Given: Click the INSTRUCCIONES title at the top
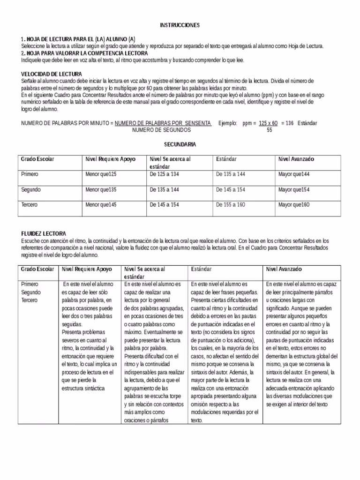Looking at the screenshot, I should pyautogui.click(x=180, y=24).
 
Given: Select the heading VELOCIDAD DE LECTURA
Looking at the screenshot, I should pyautogui.click(x=52, y=74).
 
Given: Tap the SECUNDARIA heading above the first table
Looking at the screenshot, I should pyautogui.click(x=180, y=144).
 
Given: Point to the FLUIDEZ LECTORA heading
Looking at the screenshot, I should pyautogui.click(x=44, y=233).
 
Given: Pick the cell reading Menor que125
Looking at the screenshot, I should pyautogui.click(x=100, y=174).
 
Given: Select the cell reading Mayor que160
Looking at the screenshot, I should pyautogui.click(x=294, y=205).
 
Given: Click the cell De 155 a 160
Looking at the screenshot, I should pyautogui.click(x=231, y=205).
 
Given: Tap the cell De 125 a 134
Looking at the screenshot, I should pyautogui.click(x=164, y=174).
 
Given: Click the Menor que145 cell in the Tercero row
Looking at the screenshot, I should pyautogui.click(x=100, y=205).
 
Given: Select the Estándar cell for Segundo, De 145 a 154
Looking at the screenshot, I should pyautogui.click(x=231, y=190).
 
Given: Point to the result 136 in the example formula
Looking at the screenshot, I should pyautogui.click(x=289, y=123).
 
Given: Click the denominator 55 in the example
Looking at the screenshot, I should pyautogui.click(x=269, y=130).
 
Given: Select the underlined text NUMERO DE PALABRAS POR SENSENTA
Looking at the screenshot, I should pyautogui.click(x=163, y=123).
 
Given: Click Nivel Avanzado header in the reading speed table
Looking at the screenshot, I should pyautogui.click(x=296, y=159).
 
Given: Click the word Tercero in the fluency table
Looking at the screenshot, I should pyautogui.click(x=30, y=300).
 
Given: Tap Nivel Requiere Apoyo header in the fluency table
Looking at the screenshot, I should pyautogui.click(x=87, y=270).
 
